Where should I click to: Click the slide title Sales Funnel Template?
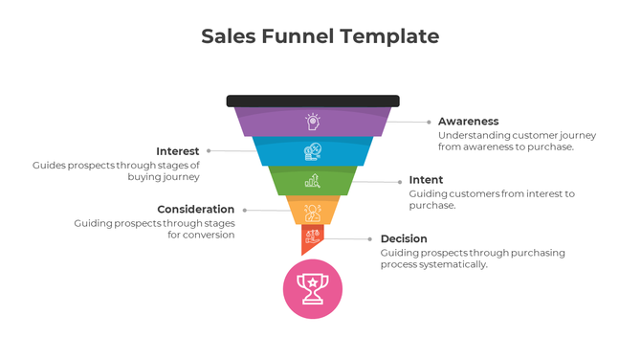point(320,36)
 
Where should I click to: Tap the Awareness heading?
point(468,122)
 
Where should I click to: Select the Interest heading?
point(178,151)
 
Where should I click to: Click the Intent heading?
point(426,180)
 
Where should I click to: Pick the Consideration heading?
point(195,209)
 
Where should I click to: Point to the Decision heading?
point(404,238)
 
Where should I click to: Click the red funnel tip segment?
point(312,237)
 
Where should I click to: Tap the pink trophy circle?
point(313,288)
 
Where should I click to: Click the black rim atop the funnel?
point(313,101)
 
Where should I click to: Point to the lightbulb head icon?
point(312,122)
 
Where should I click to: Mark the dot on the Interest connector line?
point(209,151)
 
